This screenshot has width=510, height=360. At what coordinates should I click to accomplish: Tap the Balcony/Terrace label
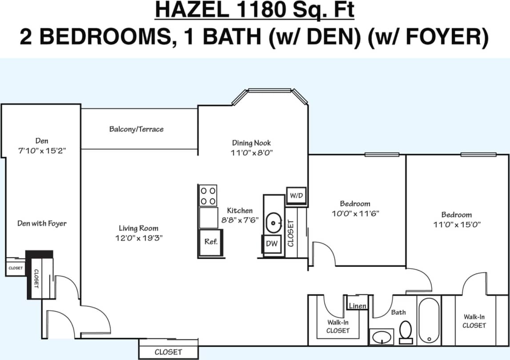click(x=137, y=129)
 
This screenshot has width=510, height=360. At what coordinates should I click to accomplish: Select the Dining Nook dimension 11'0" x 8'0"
click(x=252, y=153)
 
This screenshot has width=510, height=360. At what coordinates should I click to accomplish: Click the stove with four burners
click(x=208, y=196)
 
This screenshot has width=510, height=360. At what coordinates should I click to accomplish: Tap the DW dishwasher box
click(x=272, y=244)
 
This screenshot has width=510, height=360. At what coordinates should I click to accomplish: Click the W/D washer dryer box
click(x=296, y=196)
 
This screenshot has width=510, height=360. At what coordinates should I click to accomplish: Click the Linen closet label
click(x=357, y=306)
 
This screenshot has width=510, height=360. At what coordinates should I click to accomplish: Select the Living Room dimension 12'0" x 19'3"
click(x=139, y=238)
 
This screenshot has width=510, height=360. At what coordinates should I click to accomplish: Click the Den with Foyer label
click(x=42, y=223)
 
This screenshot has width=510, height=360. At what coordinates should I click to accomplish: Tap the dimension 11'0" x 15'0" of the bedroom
click(x=457, y=224)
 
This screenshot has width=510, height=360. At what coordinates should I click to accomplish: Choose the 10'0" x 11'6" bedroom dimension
click(x=355, y=213)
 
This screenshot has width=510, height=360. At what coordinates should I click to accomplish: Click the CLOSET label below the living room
click(x=168, y=352)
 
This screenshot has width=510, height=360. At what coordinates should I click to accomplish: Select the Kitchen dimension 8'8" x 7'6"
click(x=240, y=220)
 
